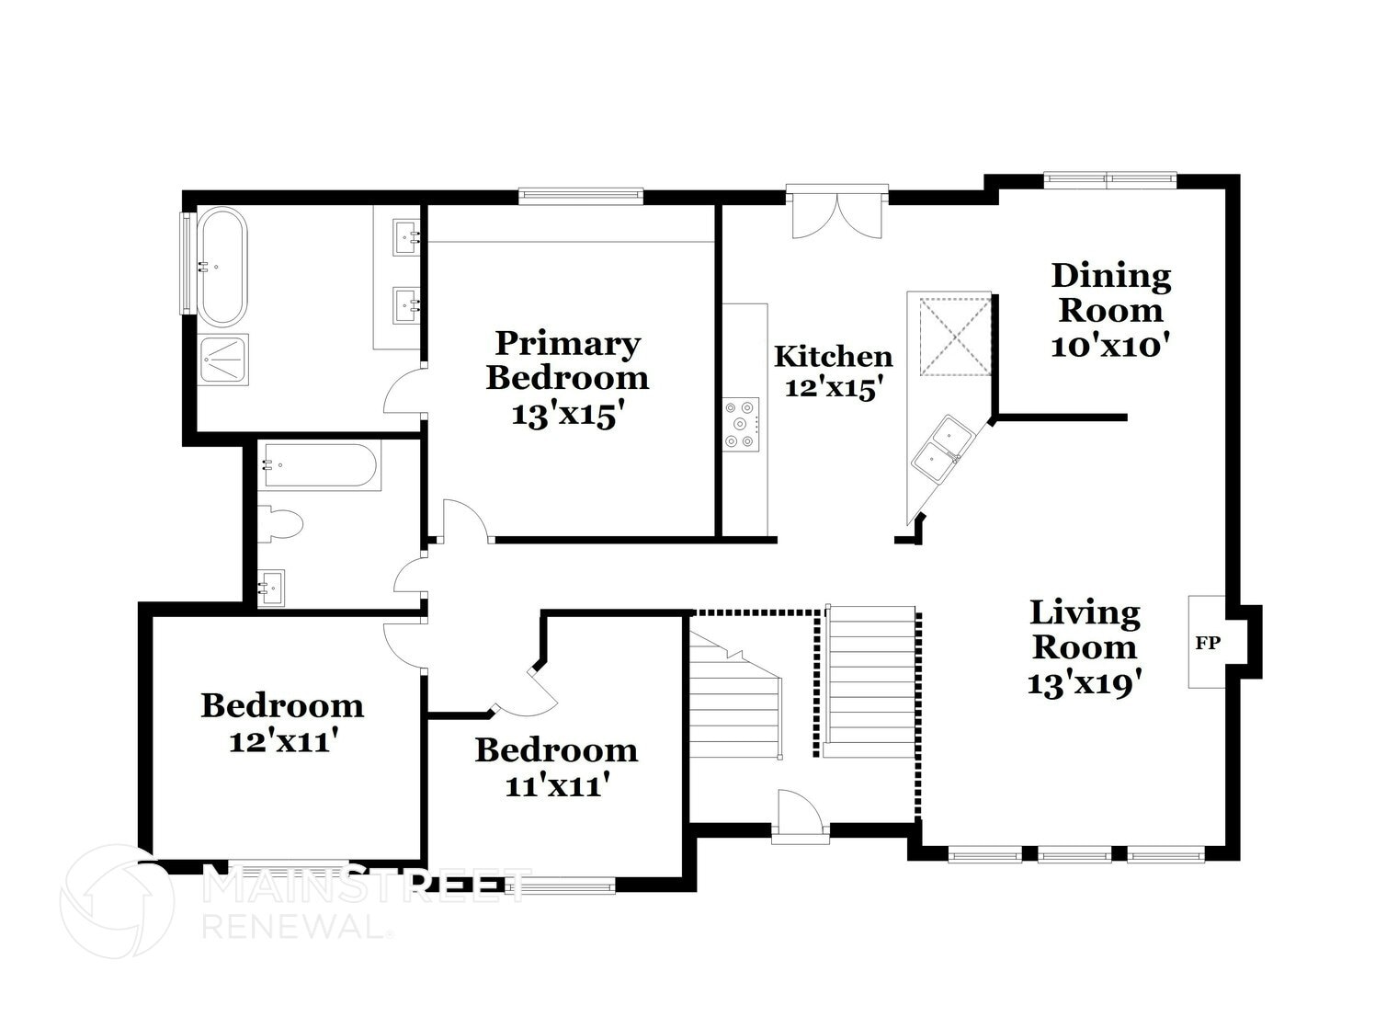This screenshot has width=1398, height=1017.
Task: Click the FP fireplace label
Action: (x=1207, y=643)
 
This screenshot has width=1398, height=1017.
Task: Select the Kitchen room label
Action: (x=833, y=356)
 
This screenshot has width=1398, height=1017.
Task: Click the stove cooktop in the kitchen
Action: (x=741, y=424)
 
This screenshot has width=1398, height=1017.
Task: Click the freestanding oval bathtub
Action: (x=222, y=268)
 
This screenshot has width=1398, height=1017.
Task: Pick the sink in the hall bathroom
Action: (x=271, y=587)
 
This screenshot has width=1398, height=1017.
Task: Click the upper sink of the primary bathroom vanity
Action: (x=407, y=235)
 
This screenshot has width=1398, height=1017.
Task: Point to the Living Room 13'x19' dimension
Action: (x=1085, y=683)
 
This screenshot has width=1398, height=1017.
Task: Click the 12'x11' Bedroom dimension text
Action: (x=280, y=741)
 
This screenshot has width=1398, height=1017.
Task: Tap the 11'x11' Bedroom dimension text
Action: (x=557, y=785)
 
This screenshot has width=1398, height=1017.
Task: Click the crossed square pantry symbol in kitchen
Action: (x=956, y=335)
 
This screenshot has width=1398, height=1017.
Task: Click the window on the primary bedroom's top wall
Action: (x=580, y=193)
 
